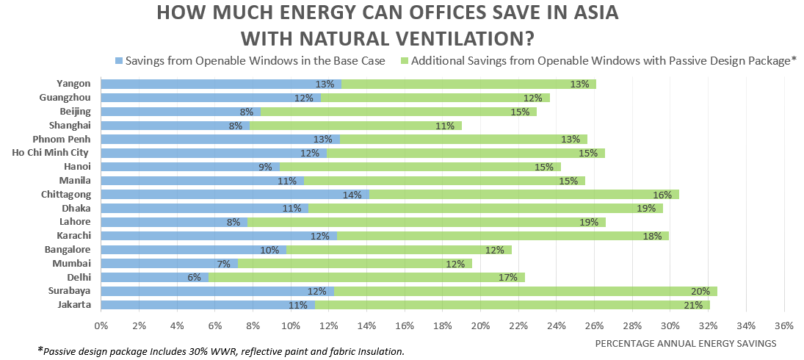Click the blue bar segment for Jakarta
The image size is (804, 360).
click(x=208, y=305)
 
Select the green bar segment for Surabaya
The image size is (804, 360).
click(x=525, y=291)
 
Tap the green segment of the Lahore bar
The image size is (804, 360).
click(x=426, y=222)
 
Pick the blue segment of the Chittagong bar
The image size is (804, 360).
click(x=235, y=195)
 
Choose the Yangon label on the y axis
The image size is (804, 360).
click(x=73, y=84)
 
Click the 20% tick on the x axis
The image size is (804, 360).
click(x=480, y=325)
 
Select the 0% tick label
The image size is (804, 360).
click(x=101, y=325)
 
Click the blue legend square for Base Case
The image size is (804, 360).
click(x=118, y=61)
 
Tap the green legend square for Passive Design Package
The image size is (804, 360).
click(x=403, y=61)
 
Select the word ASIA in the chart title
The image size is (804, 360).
click(x=576, y=13)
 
